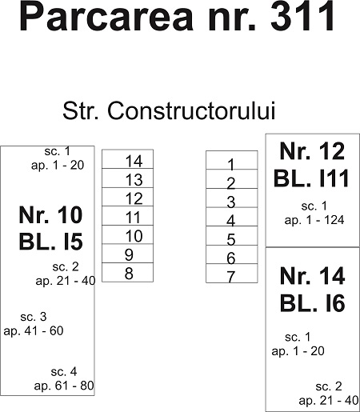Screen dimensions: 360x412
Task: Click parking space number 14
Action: [x=127, y=159]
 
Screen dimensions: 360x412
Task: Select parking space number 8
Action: [x=127, y=272]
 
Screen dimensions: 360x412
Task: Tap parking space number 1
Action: [x=232, y=160]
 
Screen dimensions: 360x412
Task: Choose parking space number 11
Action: [x=127, y=216]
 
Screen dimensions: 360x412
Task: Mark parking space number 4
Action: [x=232, y=217]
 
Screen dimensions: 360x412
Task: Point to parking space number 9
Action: [x=127, y=254]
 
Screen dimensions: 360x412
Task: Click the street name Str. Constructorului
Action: [x=169, y=110]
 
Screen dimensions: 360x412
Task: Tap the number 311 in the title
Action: [x=302, y=17]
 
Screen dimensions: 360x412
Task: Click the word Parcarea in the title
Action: [x=106, y=17]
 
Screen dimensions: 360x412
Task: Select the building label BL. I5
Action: [x=51, y=242]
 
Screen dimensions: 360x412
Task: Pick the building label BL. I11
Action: [x=311, y=178]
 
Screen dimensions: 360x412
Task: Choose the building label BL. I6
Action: [x=313, y=303]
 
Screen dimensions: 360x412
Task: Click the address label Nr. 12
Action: [x=312, y=151]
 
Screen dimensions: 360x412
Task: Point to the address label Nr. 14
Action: [x=313, y=276]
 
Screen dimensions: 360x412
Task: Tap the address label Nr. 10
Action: [x=50, y=215]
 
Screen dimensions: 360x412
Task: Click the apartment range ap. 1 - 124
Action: [x=314, y=220]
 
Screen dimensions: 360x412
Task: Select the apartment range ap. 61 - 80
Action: [x=64, y=386]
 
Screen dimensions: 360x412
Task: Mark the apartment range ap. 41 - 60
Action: [x=34, y=331]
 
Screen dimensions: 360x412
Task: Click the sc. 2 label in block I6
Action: [x=329, y=386]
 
